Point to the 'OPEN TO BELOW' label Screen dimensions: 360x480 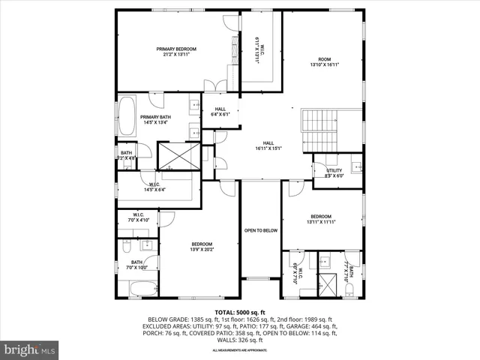[261, 230]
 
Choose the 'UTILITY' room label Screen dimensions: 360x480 [334, 170]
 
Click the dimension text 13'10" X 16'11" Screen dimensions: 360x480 [324, 64]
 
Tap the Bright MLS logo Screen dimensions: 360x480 [30, 349]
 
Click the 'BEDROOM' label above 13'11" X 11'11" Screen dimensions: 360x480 [321, 215]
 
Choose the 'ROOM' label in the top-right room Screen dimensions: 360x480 [324, 58]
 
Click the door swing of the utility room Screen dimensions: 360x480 [319, 160]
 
